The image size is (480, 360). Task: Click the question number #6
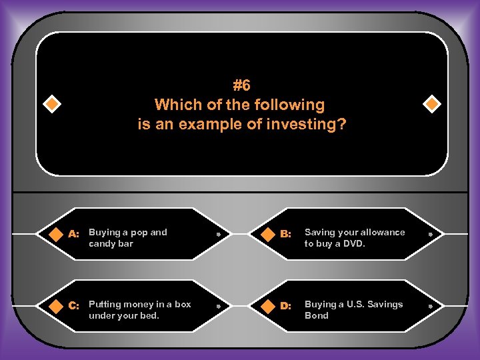[241, 85]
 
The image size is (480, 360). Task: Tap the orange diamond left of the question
[52, 104]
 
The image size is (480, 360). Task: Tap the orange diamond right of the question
[432, 104]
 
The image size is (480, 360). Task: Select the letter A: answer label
[74, 234]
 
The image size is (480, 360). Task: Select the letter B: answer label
[285, 234]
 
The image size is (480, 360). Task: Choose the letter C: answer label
[74, 306]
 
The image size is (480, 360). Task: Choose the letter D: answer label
[285, 306]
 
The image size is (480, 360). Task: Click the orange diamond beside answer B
[267, 234]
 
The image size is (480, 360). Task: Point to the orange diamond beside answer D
[267, 306]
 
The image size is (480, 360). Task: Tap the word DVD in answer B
[355, 244]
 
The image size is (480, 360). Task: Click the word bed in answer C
[149, 316]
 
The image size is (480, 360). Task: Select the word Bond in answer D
[317, 316]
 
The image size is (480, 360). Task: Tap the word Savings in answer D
[386, 304]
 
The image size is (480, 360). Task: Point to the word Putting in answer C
[104, 304]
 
